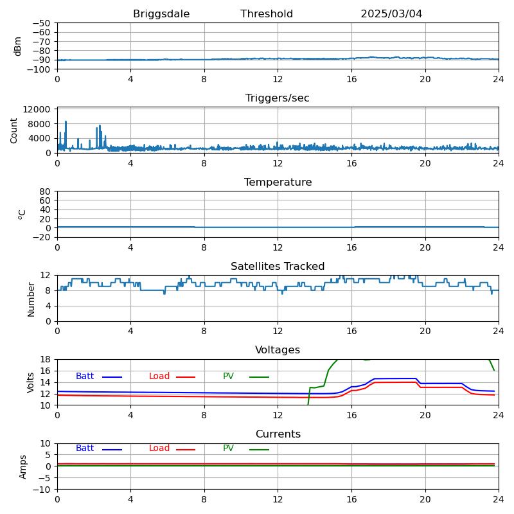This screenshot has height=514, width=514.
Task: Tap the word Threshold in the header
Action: tap(267, 14)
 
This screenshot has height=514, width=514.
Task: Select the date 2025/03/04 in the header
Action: tap(391, 14)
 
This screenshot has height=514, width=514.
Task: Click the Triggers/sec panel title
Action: tap(278, 98)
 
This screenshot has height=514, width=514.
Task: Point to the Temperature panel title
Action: tap(278, 182)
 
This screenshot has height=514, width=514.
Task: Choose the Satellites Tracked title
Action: tap(278, 267)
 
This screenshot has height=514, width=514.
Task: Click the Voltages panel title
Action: tap(278, 350)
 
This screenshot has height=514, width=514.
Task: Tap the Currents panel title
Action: tap(278, 434)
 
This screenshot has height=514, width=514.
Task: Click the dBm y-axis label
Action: tap(18, 46)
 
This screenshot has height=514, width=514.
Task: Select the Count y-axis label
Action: tap(14, 130)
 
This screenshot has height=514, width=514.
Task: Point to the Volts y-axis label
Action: tap(31, 382)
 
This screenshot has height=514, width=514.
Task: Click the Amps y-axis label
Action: tap(23, 466)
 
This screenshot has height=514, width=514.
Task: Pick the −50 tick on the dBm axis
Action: tap(42, 23)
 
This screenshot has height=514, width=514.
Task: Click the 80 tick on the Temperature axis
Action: tap(46, 191)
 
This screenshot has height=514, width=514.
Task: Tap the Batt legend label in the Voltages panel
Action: tap(85, 377)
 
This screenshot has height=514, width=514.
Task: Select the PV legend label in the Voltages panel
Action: tap(228, 377)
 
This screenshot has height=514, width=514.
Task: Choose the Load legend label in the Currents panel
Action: tap(159, 448)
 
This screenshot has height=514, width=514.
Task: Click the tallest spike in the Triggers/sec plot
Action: tap(66, 121)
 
